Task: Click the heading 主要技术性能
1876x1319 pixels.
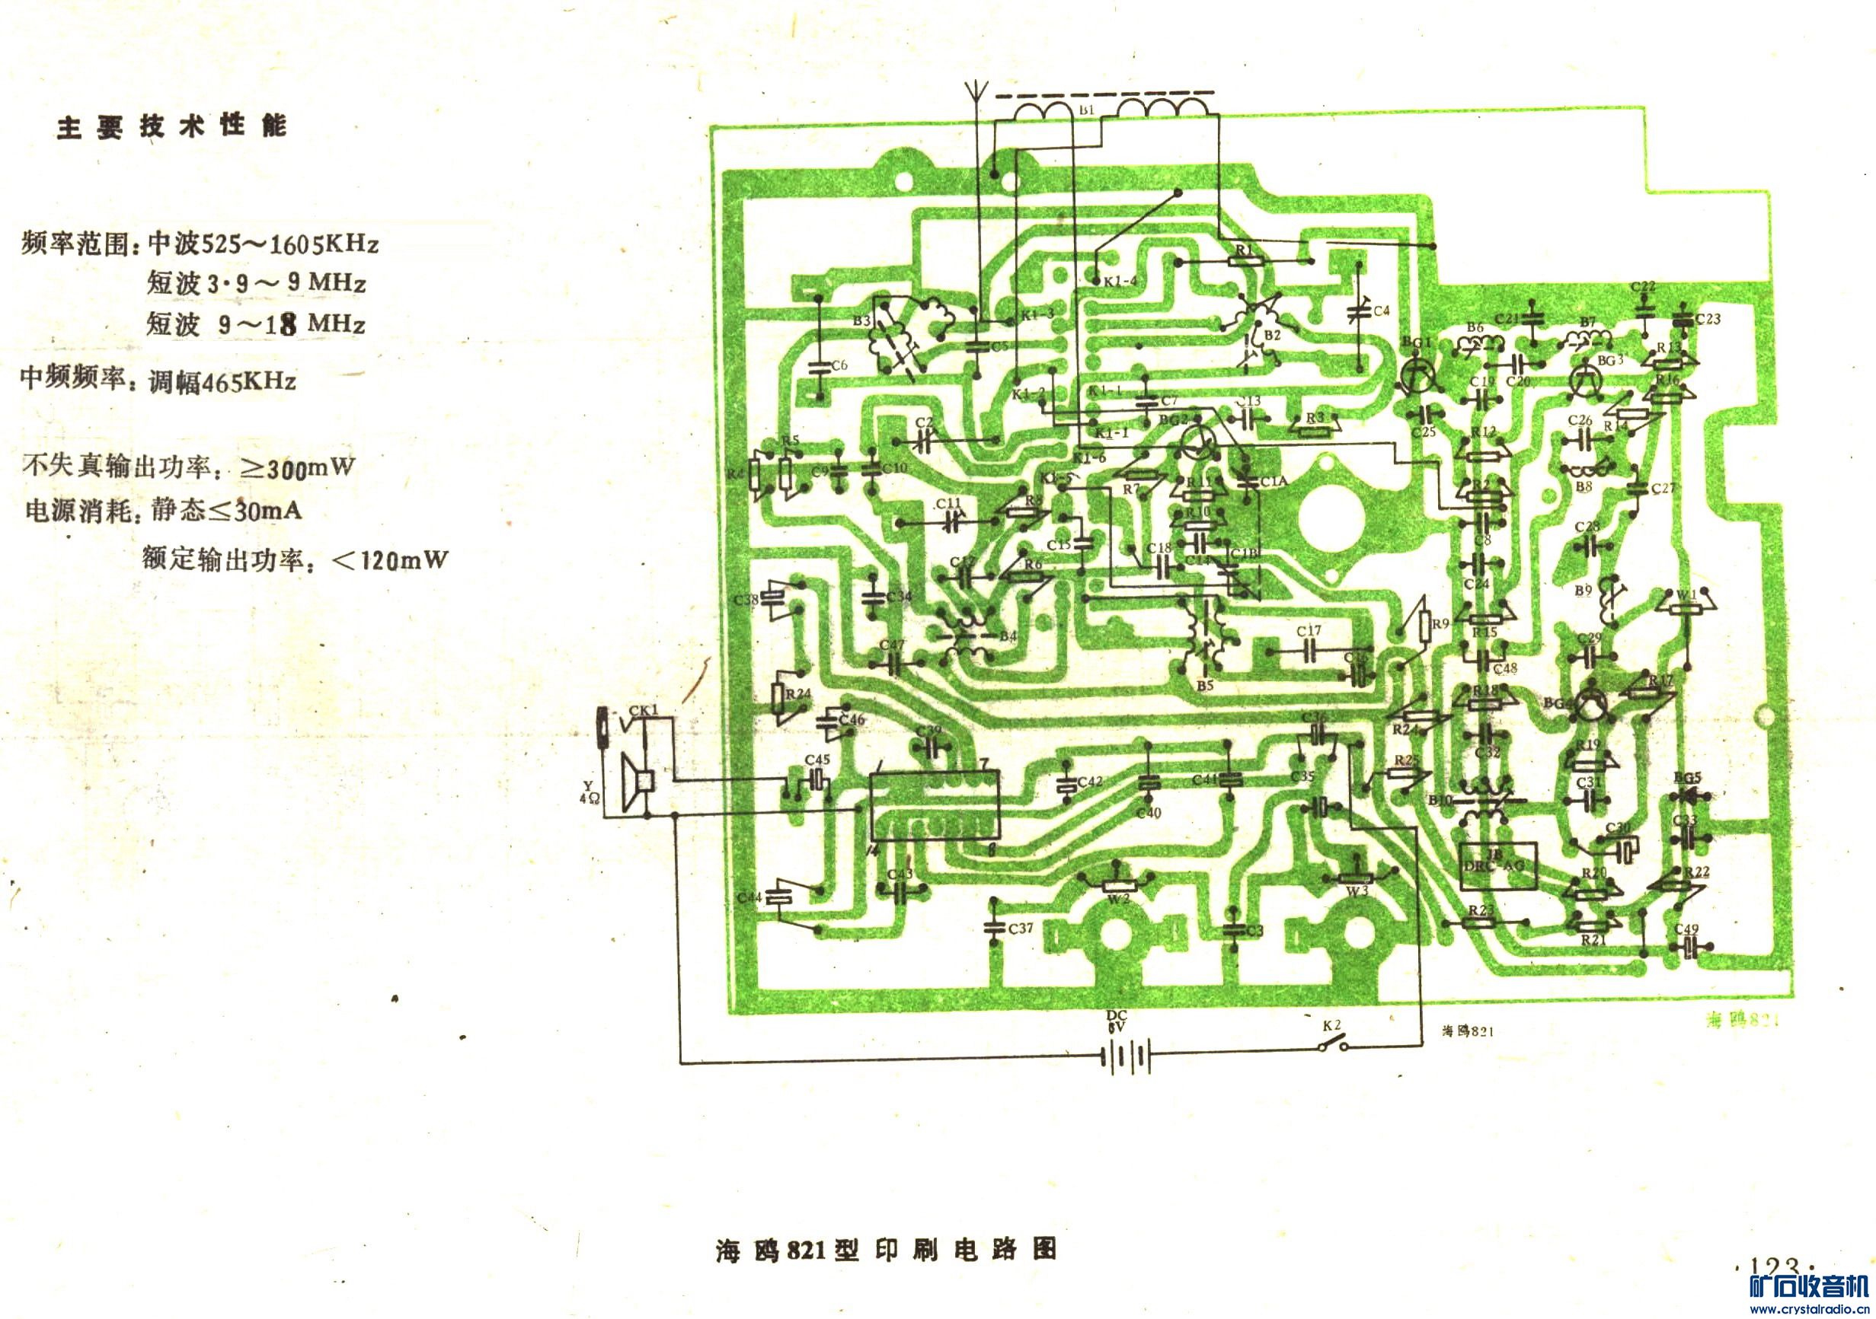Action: tap(171, 127)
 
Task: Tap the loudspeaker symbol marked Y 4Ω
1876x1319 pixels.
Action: tap(638, 782)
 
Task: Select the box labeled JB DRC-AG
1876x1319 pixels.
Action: tap(1497, 864)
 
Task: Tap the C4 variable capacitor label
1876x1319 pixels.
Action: tap(1381, 311)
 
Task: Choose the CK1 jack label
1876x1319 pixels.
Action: tap(643, 712)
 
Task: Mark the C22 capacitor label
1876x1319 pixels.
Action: tap(1643, 287)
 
